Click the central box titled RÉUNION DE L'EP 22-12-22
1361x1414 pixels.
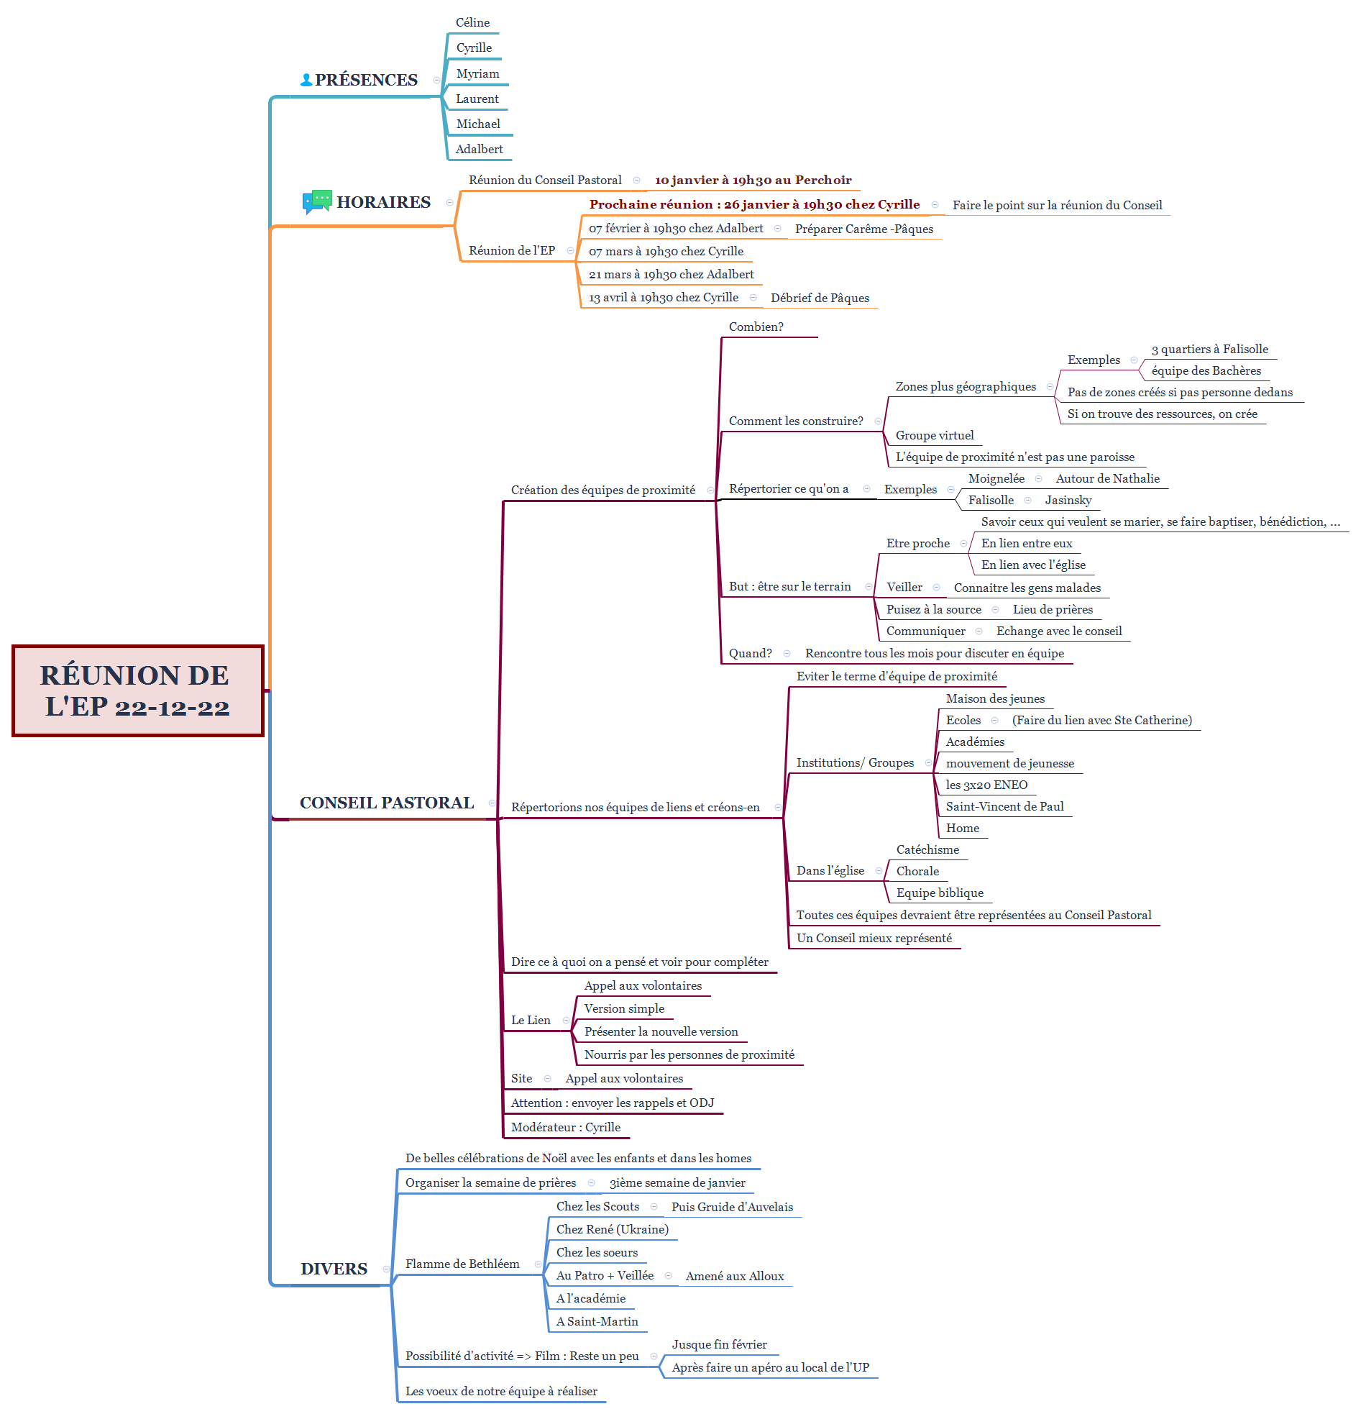138,690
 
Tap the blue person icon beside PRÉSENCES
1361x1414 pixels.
306,80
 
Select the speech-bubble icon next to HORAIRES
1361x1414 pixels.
316,202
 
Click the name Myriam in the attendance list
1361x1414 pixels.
477,73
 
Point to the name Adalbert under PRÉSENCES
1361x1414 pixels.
479,150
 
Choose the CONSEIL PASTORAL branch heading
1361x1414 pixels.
387,803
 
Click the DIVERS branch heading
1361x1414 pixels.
334,1269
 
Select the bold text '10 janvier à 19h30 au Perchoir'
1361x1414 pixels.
753,181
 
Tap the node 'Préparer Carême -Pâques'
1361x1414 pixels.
864,229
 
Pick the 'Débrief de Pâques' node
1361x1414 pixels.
820,298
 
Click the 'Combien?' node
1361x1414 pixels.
756,327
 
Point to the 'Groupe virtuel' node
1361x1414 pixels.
934,436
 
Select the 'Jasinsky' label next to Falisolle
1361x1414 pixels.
1068,501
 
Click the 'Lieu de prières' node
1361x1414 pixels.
1053,610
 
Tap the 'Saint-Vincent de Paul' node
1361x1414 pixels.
1004,806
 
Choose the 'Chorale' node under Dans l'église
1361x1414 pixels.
917,872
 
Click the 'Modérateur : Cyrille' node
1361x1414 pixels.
565,1128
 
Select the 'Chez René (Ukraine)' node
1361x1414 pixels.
613,1230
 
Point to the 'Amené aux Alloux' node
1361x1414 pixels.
734,1277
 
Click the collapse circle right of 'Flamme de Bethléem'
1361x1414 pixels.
538,1264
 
